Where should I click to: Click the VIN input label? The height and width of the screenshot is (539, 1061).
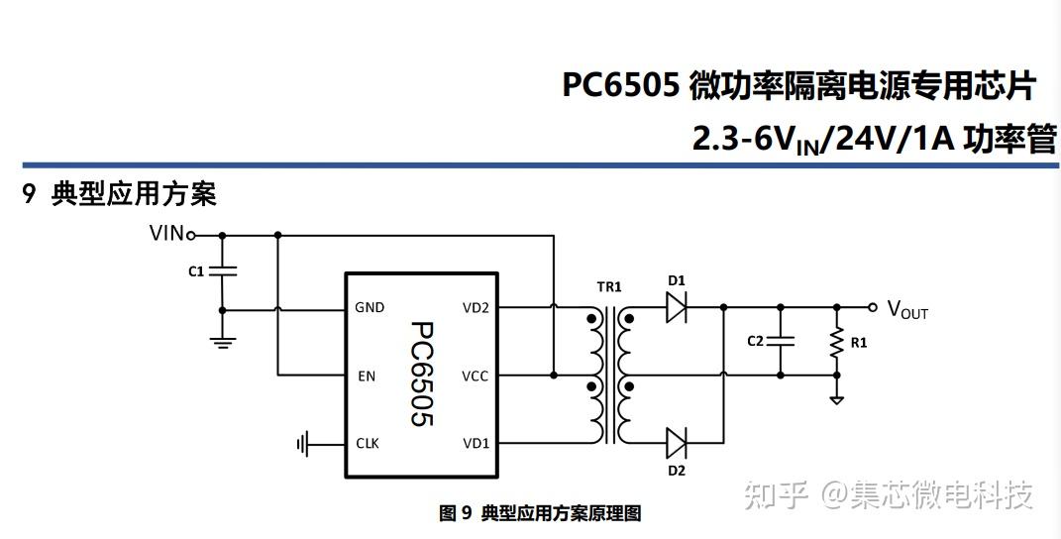click(x=165, y=234)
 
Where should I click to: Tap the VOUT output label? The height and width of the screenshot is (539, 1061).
click(x=906, y=309)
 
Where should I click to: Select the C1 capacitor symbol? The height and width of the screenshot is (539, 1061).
click(x=222, y=270)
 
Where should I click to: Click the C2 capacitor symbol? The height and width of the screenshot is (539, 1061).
click(x=781, y=340)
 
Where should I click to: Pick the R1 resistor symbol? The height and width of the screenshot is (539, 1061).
click(x=837, y=341)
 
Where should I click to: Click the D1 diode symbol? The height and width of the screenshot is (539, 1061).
click(x=677, y=308)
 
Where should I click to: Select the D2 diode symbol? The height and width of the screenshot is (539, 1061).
click(x=677, y=442)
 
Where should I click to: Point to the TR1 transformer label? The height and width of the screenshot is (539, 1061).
click(x=608, y=287)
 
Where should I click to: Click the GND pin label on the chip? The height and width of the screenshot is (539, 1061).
click(x=370, y=308)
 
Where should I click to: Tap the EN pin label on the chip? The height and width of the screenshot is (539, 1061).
click(x=365, y=376)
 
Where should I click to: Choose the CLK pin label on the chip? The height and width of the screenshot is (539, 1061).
click(x=368, y=443)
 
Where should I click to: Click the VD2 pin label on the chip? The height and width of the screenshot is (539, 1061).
click(x=476, y=308)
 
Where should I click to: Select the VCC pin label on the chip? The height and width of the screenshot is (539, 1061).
click(x=476, y=376)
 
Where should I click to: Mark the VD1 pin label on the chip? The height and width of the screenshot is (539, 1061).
click(x=476, y=443)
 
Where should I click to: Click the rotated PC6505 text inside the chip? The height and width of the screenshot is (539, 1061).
click(x=422, y=375)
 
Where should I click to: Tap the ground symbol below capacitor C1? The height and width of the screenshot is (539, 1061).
click(x=222, y=342)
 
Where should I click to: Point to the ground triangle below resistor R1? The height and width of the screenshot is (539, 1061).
click(x=837, y=398)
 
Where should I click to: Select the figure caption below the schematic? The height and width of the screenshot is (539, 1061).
click(x=540, y=513)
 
